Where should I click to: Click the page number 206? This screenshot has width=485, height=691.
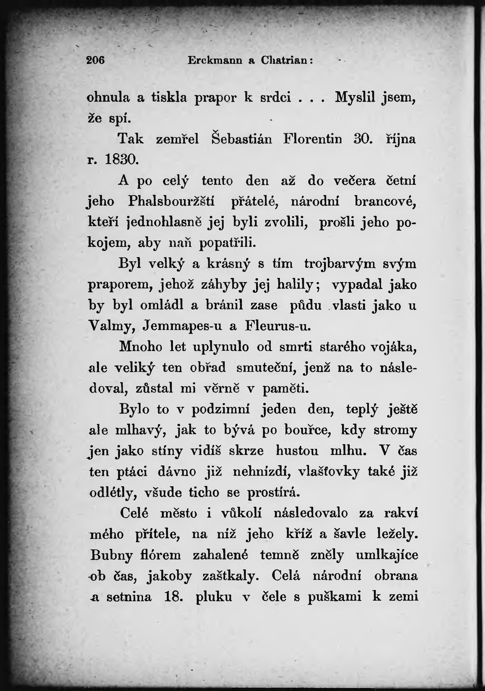95,60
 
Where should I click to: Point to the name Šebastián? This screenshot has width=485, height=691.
241,139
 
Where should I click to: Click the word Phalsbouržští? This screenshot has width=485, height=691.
171,201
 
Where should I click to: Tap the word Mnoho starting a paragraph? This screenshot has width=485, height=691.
141,347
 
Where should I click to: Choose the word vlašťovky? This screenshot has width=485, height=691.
329,472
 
